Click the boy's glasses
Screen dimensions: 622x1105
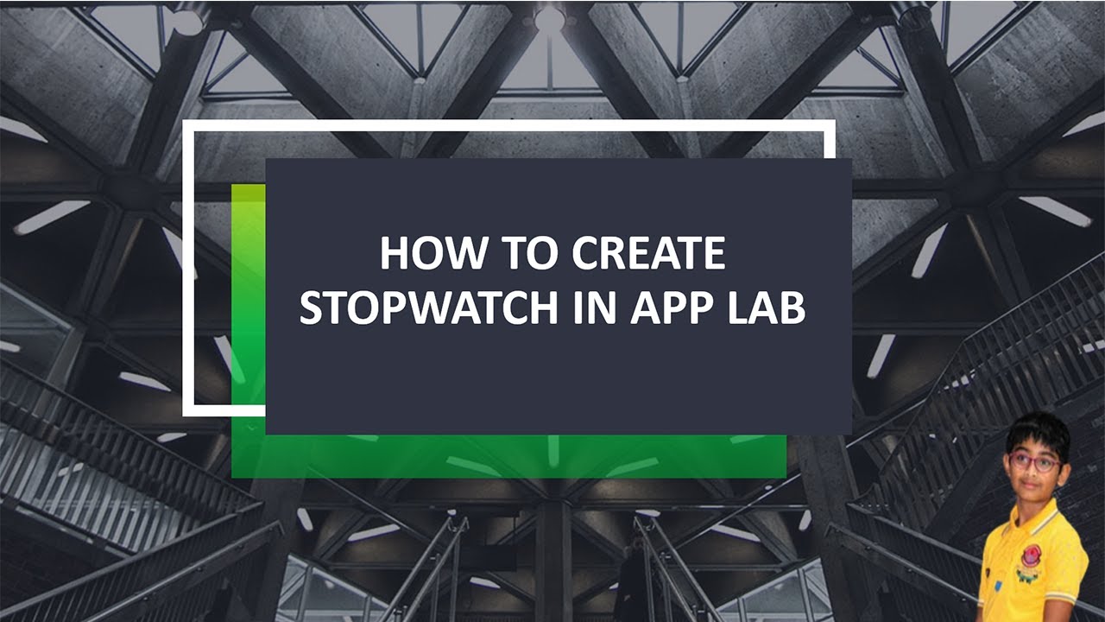pyautogui.click(x=1034, y=463)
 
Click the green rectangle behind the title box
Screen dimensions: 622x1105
pyautogui.click(x=518, y=455)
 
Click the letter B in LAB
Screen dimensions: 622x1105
pyautogui.click(x=792, y=307)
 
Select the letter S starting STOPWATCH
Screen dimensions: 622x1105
pyautogui.click(x=312, y=307)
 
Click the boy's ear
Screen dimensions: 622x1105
pyautogui.click(x=1065, y=466)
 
